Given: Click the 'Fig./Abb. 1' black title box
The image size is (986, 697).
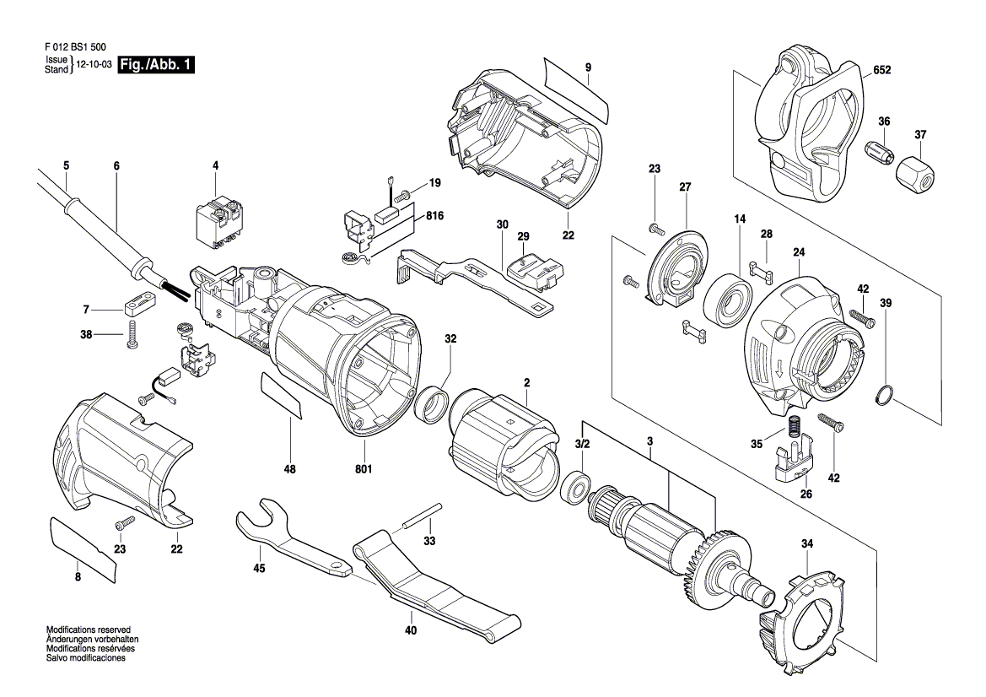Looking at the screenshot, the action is click(157, 65).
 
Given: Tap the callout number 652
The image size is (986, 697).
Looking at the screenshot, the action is click(881, 70).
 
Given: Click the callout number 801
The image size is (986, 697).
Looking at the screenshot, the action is click(364, 468).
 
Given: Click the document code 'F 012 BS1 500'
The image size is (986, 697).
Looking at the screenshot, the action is click(75, 47).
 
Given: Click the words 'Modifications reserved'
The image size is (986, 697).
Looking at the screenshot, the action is click(89, 629).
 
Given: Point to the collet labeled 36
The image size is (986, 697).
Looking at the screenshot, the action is click(878, 152).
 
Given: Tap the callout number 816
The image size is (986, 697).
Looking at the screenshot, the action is click(434, 216).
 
